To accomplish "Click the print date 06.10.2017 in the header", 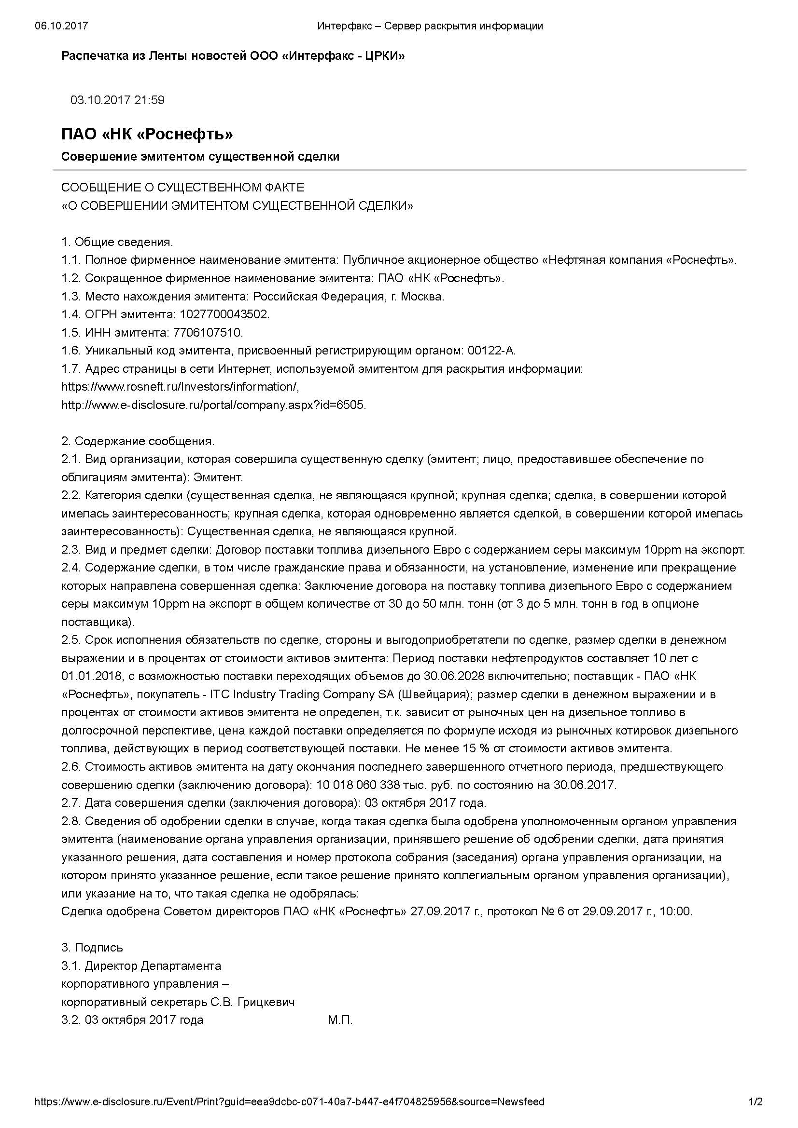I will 61,26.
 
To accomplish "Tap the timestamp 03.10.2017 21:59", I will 117,100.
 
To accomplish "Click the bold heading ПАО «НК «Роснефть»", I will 147,134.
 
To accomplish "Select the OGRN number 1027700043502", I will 224,314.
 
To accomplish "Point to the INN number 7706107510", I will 208,333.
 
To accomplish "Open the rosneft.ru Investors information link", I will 180,387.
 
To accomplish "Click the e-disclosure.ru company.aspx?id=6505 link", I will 213,405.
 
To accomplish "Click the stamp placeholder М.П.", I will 340,1020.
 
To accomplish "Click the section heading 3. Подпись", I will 92,948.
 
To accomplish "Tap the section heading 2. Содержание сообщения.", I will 138,441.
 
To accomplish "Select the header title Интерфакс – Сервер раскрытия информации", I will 430,26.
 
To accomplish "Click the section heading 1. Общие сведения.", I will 117,242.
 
